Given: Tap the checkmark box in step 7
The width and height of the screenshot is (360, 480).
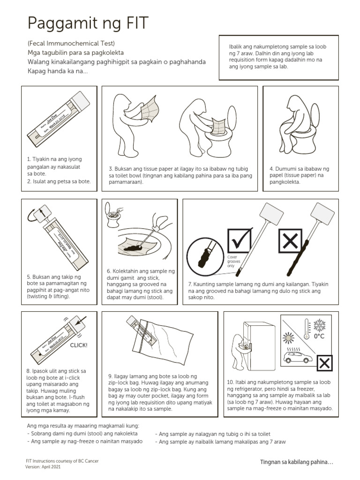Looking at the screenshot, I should point(239,241).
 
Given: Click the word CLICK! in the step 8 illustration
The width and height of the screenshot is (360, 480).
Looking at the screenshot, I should point(78,345).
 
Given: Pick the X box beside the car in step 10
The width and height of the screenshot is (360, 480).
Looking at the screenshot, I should point(324,363).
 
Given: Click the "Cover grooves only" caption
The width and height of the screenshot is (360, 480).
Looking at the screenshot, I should point(232,261).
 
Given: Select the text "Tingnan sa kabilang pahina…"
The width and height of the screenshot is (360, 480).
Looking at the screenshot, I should point(296,462).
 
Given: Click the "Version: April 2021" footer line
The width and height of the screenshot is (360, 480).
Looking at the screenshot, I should point(43,467).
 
